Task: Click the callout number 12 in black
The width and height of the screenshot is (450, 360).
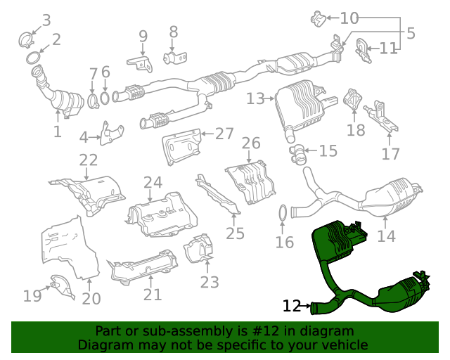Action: point(292,306)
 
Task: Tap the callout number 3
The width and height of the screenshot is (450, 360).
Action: point(46,20)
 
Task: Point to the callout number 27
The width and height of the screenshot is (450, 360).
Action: point(224,134)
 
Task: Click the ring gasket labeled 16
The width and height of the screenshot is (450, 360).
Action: point(280,212)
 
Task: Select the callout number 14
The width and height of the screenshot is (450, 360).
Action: point(386,236)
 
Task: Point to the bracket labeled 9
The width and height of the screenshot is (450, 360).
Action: point(141,63)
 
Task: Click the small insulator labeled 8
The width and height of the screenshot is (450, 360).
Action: point(172,56)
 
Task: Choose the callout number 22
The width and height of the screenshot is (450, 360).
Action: point(89,160)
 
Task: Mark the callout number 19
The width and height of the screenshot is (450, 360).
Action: point(32,295)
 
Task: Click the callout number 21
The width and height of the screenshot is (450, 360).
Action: point(153,295)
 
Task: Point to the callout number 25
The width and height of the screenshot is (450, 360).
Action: point(235,233)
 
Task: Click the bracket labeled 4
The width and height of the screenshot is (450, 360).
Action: point(111,134)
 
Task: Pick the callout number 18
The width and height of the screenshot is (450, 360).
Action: point(356,129)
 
